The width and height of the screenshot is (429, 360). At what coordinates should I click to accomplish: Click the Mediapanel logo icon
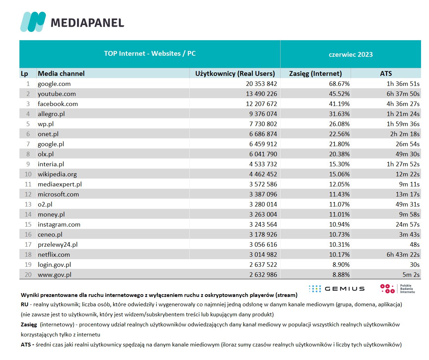click(33, 22)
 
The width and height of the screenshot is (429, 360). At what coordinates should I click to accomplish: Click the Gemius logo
click(336, 289)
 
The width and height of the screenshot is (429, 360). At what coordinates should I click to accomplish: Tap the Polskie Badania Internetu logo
click(397, 289)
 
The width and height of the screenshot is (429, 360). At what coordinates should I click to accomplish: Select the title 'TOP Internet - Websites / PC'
click(150, 54)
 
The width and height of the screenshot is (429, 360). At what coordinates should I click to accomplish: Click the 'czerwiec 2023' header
click(351, 54)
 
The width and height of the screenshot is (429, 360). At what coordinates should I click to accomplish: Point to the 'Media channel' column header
click(61, 73)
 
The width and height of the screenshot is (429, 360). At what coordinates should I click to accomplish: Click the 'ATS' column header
click(386, 73)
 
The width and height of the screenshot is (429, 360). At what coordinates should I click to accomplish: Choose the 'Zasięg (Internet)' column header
click(315, 73)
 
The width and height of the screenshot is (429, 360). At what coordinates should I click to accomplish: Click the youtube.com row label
click(57, 94)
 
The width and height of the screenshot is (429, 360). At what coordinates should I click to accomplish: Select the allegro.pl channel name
click(51, 114)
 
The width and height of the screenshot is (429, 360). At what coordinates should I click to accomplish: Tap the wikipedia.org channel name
click(57, 174)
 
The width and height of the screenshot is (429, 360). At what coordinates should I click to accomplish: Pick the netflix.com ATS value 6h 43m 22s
click(403, 255)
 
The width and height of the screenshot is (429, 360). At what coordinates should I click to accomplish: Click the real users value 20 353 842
click(261, 84)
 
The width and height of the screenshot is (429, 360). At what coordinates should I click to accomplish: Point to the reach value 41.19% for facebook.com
click(339, 104)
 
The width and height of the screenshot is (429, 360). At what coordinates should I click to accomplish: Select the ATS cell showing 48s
click(414, 245)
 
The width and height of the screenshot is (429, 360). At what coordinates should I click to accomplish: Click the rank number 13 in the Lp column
click(28, 204)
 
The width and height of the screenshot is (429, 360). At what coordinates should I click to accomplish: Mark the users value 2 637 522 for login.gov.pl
click(263, 265)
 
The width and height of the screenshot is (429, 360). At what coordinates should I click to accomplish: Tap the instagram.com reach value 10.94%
click(339, 225)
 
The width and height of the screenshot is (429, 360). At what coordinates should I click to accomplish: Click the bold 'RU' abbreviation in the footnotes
click(25, 305)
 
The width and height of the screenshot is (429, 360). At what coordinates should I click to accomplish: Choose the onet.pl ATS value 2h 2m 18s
click(405, 134)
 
